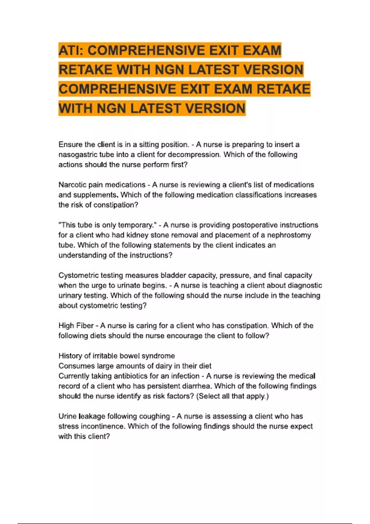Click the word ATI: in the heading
coord(71,51)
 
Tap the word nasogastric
coord(77,155)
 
